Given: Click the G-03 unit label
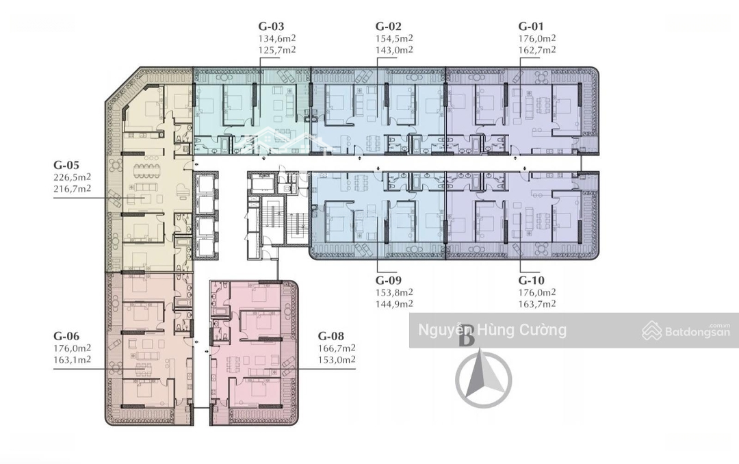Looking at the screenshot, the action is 271,27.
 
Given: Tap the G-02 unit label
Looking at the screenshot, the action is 389,27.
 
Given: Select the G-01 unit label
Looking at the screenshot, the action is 531,27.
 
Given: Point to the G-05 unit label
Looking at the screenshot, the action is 66,165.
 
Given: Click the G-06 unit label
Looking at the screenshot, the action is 66,336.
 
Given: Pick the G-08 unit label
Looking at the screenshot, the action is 331,336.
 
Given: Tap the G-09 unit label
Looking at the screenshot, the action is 389,280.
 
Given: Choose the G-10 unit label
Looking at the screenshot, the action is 531,280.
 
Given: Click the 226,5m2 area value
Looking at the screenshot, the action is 72,177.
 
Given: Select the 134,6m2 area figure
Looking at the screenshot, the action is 277,38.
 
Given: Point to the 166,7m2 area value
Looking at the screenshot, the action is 337,348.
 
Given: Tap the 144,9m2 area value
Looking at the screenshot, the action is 395,304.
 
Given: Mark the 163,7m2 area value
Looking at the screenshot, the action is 537,304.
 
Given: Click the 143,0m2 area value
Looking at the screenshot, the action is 395,50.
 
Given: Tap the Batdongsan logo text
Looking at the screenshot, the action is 697,331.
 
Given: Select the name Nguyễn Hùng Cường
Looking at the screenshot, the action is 493,330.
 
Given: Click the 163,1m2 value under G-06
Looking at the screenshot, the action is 72,360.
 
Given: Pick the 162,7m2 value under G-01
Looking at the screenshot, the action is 537,50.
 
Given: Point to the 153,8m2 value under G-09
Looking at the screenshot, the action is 395,292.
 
